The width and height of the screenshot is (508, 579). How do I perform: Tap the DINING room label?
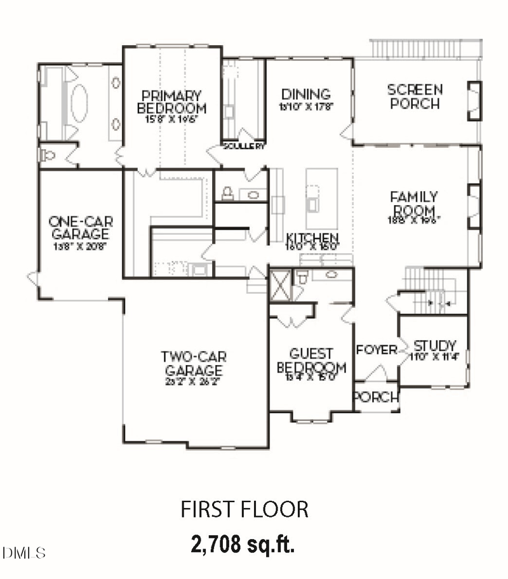[x=307, y=95]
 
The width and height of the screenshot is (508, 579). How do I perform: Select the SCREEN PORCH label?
[x=415, y=96]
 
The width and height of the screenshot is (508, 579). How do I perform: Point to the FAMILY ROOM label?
[x=414, y=204]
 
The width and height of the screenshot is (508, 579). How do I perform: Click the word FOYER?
[x=376, y=350]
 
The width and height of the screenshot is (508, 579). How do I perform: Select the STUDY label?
[x=435, y=346]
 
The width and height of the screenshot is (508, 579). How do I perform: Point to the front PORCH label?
[x=376, y=398]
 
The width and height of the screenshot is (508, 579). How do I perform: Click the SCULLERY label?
[x=243, y=146]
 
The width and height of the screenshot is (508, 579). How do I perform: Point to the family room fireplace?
[x=474, y=203]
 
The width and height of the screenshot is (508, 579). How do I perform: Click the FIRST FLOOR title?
[x=245, y=509]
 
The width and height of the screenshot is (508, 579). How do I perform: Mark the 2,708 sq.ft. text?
[x=244, y=543]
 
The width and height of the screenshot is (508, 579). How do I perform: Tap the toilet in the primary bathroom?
[x=46, y=154]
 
